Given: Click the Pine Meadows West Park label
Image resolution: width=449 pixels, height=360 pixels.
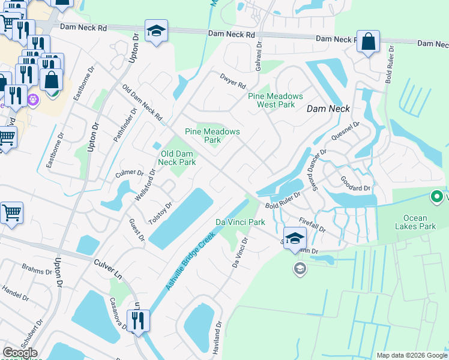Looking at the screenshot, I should [276, 100].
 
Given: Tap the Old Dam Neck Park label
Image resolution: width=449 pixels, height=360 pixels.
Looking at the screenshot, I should [178, 158].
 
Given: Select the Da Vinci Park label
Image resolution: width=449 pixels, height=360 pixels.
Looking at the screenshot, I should [240, 222].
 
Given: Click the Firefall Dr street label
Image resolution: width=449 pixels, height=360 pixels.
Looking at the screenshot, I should [311, 224].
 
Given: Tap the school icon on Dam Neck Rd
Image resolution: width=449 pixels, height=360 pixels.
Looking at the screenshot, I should [156, 32].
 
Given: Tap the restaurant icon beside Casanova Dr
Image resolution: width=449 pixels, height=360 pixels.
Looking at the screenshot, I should [139, 321].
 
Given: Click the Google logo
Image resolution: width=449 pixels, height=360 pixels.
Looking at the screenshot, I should [20, 353].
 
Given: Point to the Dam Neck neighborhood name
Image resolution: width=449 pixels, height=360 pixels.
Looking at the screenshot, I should [328, 109].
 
